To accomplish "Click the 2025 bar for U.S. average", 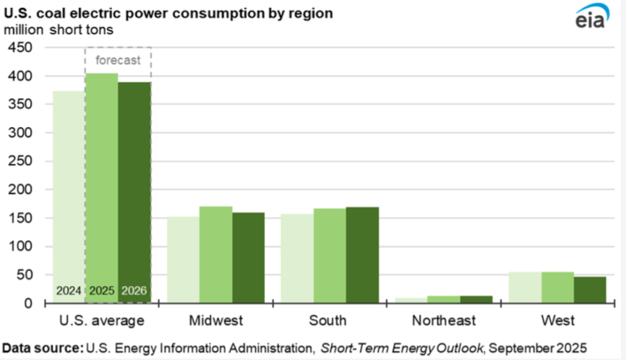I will [x=101, y=183].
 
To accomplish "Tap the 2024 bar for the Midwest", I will [x=183, y=260].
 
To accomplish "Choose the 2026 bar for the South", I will [x=363, y=255].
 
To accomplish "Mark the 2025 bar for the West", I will [x=558, y=287].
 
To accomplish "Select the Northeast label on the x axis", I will [x=443, y=320].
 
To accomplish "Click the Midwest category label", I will [x=216, y=320].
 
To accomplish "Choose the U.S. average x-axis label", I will [x=101, y=320].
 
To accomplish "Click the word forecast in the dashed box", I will [x=119, y=60].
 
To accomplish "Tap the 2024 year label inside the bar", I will [x=69, y=291].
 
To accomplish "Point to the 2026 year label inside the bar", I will [x=134, y=291].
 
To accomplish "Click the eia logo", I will [x=591, y=20].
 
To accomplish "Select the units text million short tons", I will [x=59, y=29].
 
